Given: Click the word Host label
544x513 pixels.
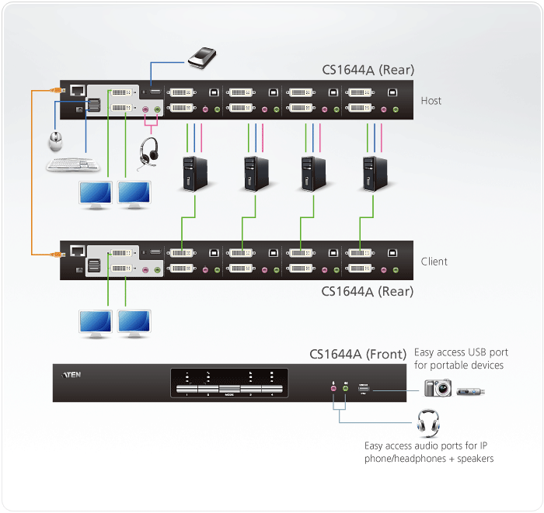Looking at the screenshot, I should click(x=431, y=101).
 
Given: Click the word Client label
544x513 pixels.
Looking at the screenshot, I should click(x=434, y=262).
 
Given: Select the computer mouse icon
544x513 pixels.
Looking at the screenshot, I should click(x=55, y=141).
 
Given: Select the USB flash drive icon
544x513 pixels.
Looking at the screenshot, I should click(x=471, y=390).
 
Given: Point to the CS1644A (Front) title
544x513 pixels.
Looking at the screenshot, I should click(x=357, y=355).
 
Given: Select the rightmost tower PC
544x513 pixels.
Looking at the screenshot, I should click(x=372, y=172).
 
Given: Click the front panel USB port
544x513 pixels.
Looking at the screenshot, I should click(x=364, y=386).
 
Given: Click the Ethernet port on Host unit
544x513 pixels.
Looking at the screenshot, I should click(x=78, y=90).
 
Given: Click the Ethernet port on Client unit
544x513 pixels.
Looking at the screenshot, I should click(x=78, y=251).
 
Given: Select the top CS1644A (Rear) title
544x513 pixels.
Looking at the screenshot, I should click(x=368, y=70).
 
